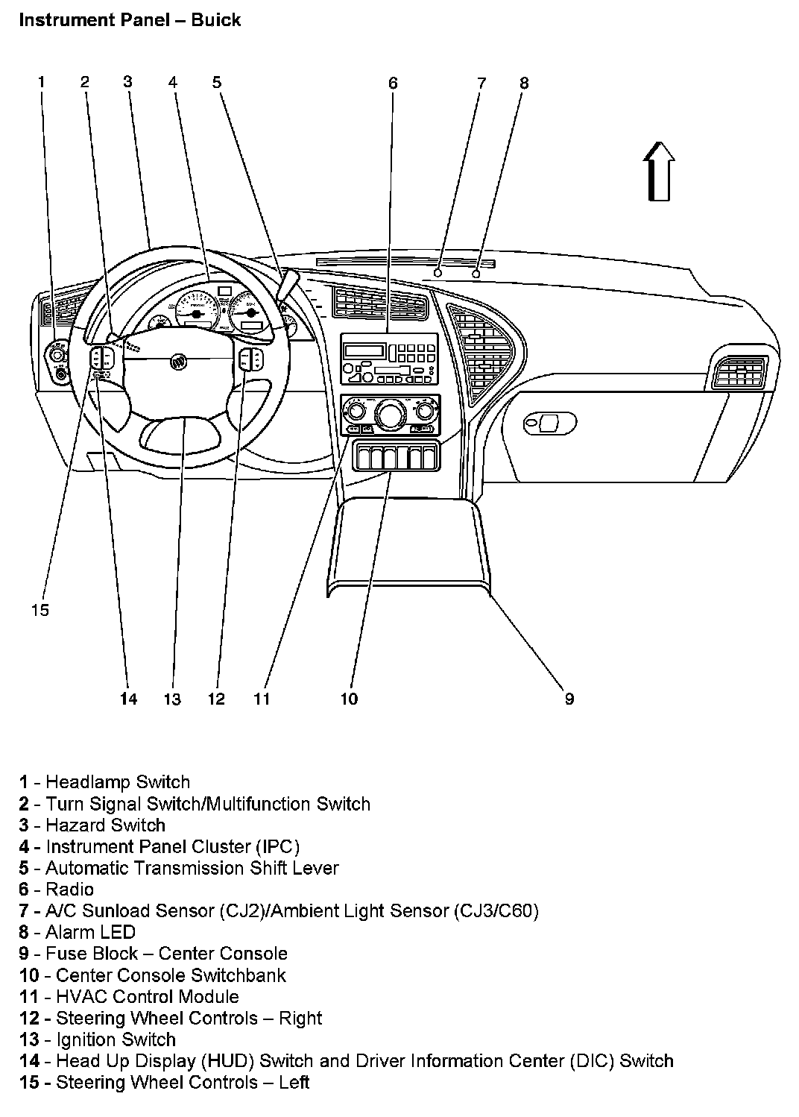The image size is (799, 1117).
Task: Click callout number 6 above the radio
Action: click(x=393, y=83)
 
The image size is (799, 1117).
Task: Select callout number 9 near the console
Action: click(x=569, y=699)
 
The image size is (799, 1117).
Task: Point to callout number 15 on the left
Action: click(x=40, y=610)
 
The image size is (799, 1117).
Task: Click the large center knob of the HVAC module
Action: click(x=388, y=412)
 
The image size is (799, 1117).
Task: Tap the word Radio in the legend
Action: click(x=70, y=889)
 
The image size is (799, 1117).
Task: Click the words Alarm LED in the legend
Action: click(x=90, y=932)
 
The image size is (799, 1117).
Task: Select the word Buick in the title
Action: click(x=215, y=19)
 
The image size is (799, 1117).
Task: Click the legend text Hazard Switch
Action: click(x=105, y=825)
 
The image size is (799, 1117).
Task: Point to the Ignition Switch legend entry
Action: click(x=116, y=1039)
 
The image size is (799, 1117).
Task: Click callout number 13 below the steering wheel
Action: click(x=172, y=699)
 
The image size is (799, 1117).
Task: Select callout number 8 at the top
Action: click(x=524, y=83)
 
